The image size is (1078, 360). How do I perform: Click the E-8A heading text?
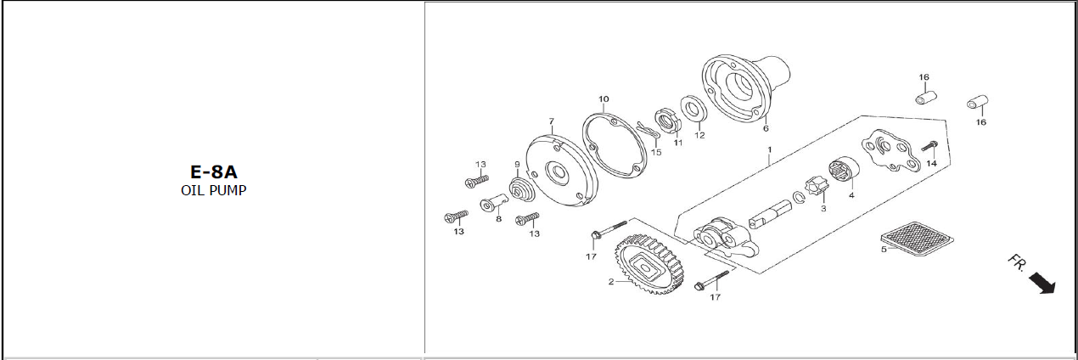point(213,172)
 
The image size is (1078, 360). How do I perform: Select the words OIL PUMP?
point(213,190)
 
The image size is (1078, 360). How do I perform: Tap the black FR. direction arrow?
point(1042,283)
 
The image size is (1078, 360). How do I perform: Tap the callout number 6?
point(766,129)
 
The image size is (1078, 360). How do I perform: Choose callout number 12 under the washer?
point(699,135)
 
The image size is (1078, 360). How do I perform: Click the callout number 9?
point(516,164)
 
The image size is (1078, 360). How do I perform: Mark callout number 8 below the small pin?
point(498,219)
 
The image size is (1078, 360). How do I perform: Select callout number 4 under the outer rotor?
point(851,195)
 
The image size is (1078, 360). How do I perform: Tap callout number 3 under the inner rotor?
point(823,208)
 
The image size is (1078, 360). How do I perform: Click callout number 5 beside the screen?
point(883,249)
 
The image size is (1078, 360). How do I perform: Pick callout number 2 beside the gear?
point(610,282)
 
